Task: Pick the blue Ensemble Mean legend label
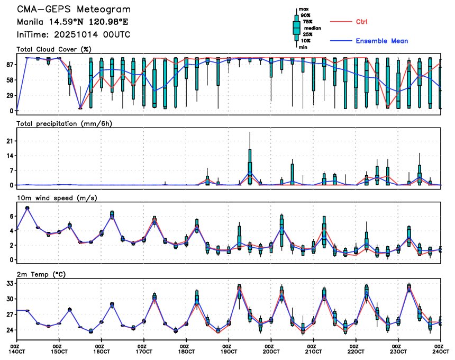pyautogui.click(x=381, y=41)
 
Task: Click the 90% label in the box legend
pyautogui.click(x=305, y=15)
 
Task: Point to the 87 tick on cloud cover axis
pyautogui.click(x=8, y=65)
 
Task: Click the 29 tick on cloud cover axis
pyautogui.click(x=8, y=95)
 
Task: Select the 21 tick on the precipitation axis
pyautogui.click(x=8, y=141)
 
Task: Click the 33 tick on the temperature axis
pyautogui.click(x=8, y=284)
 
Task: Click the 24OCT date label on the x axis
pyautogui.click(x=440, y=352)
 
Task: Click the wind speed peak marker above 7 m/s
pyautogui.click(x=28, y=208)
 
